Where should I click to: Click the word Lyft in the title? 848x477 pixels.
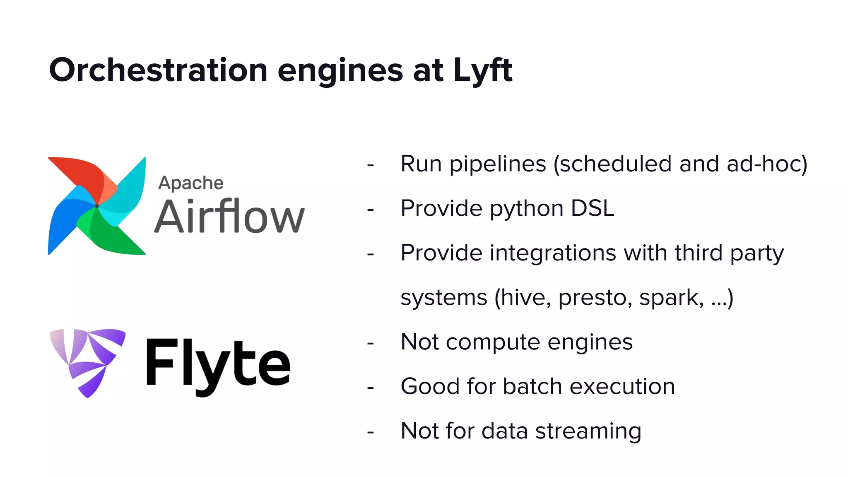coord(483,70)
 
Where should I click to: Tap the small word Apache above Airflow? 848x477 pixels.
coord(191,183)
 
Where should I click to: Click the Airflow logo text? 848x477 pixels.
coord(229,216)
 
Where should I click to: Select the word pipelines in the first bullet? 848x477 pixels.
coord(498,164)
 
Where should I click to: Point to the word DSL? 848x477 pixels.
coord(593,208)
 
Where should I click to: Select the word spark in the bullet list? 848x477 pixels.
coord(671,298)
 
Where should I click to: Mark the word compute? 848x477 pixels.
coord(493,342)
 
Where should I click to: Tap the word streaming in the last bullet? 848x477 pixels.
coord(588,431)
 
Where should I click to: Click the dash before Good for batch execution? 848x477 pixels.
coord(371,388)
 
